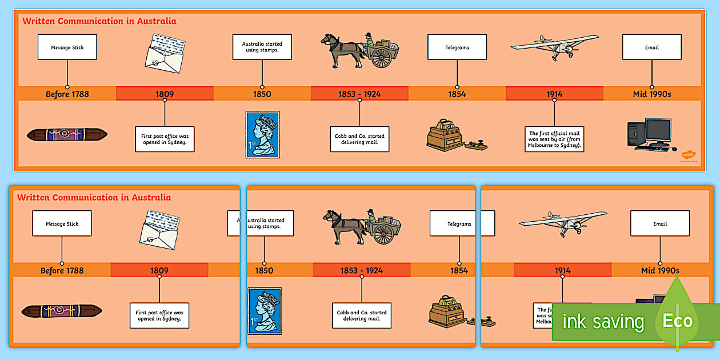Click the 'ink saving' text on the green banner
[x=603, y=322]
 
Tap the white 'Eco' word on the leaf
[x=677, y=321]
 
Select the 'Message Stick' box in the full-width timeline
[x=67, y=47]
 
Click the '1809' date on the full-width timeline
[x=165, y=94]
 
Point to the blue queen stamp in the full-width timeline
[x=262, y=134]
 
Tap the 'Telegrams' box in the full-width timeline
[x=457, y=47]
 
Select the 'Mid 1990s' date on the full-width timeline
[x=651, y=94]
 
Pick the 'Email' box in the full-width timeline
[x=651, y=47]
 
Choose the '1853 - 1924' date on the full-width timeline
[x=359, y=94]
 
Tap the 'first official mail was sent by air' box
[x=554, y=139]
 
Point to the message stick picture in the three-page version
[x=62, y=311]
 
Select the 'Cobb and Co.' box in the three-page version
[x=362, y=315]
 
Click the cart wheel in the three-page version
[x=384, y=233]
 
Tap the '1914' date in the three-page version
[x=562, y=270]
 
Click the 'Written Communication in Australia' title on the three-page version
[x=94, y=198]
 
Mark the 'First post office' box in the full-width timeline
[x=165, y=139]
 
